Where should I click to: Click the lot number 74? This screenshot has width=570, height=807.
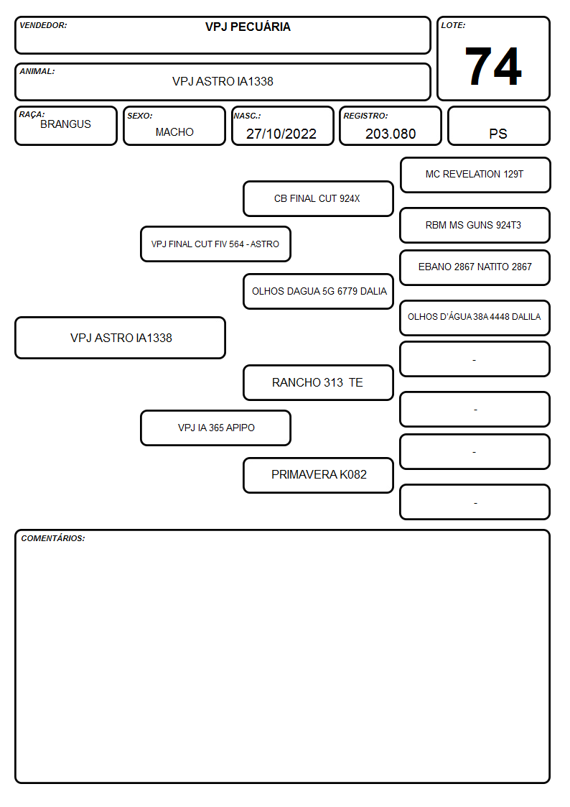(x=493, y=66)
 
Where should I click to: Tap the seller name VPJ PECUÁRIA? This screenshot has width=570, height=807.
(x=248, y=27)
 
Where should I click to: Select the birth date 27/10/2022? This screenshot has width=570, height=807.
(x=281, y=134)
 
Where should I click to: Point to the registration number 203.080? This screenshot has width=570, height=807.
(x=391, y=134)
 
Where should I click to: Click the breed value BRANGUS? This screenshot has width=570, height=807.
(x=65, y=124)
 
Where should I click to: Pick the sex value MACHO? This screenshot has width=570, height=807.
(x=174, y=132)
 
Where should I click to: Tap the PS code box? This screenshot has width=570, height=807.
(x=498, y=126)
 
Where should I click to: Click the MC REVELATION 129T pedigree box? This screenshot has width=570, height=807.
(x=475, y=175)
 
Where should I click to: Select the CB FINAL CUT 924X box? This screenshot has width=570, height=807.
(x=318, y=198)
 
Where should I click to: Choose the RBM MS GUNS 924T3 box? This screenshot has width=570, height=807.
(x=475, y=225)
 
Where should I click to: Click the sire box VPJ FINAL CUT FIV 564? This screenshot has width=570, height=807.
(x=215, y=244)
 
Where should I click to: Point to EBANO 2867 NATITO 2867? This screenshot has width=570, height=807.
(x=475, y=267)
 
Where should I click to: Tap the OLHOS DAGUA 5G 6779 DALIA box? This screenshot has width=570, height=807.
(x=318, y=291)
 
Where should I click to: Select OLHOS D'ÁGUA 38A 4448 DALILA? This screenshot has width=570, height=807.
(x=475, y=318)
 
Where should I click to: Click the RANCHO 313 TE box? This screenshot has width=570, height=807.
(x=318, y=383)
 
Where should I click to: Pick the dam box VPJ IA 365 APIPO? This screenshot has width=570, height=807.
(x=215, y=428)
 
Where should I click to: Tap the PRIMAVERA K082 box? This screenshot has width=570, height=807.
(x=318, y=475)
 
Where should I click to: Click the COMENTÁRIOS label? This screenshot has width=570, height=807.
(x=53, y=538)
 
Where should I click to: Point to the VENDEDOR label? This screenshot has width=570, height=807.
(x=43, y=25)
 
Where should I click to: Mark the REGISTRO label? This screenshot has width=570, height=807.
(x=365, y=116)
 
